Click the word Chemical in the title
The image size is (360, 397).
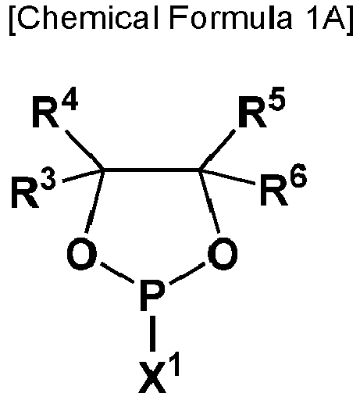pos(88,17)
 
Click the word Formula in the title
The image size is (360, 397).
pos(231,17)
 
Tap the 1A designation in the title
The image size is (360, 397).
pos(325,17)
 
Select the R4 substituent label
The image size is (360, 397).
pos(55,112)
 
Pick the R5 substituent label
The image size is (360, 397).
pos(262,107)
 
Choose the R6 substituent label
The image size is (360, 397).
pos(283,185)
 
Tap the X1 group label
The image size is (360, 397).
pos(159,374)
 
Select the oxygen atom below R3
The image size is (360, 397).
pos(82,253)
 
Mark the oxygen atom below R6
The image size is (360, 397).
pos(223,253)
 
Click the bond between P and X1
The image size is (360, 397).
pos(153,334)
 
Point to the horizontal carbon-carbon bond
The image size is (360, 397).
pos(151,170)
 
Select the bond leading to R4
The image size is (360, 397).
pos(84,150)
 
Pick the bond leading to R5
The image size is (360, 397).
pos(218,149)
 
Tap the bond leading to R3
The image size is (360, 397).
pos(84,176)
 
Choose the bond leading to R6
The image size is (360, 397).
pos(227,177)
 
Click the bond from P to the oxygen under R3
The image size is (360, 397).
pos(118,273)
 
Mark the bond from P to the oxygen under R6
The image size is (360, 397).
pos(187,273)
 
